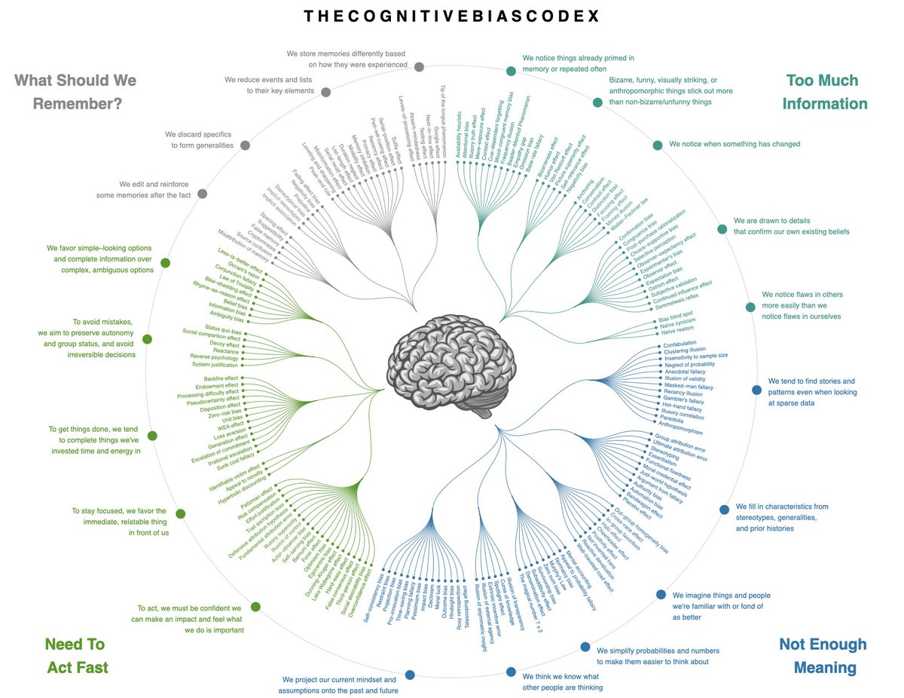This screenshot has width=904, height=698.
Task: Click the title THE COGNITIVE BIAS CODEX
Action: pyautogui.click(x=452, y=16)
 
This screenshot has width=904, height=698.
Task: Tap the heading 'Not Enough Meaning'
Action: pyautogui.click(x=823, y=656)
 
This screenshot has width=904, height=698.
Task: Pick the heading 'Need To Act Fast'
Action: pyautogui.click(x=76, y=656)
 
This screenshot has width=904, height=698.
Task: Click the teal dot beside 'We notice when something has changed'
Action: pyautogui.click(x=658, y=145)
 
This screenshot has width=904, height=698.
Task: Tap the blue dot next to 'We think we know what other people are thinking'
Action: pyautogui.click(x=511, y=672)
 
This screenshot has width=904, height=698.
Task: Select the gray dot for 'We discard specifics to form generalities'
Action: pyautogui.click(x=245, y=145)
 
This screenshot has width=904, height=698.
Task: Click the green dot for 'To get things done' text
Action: pyautogui.click(x=152, y=436)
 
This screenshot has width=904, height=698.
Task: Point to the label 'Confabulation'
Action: pyautogui.click(x=680, y=344)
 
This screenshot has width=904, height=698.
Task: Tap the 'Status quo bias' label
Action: pyautogui.click(x=223, y=330)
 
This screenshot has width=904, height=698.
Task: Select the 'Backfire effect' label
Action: pyautogui.click(x=221, y=378)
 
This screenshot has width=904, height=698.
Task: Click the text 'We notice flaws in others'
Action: pyautogui.click(x=802, y=295)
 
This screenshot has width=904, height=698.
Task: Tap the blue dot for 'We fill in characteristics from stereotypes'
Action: pyautogui.click(x=724, y=509)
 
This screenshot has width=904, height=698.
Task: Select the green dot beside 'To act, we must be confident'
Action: pyautogui.click(x=255, y=607)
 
